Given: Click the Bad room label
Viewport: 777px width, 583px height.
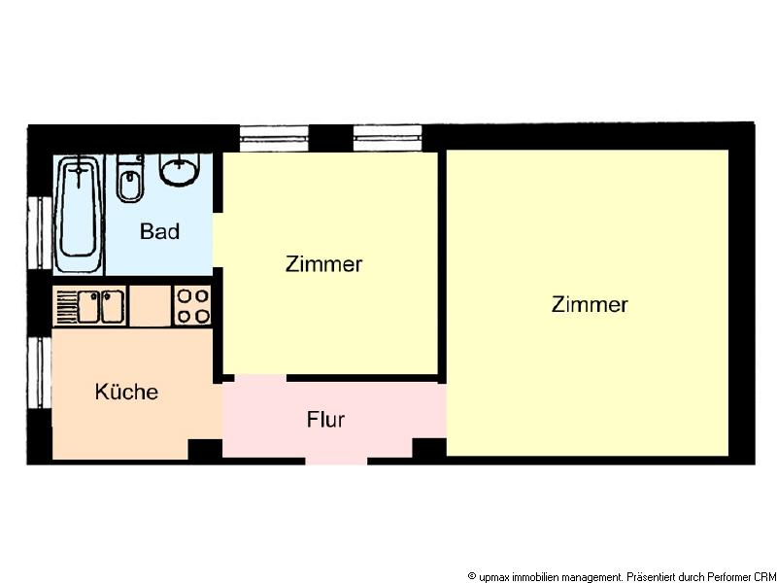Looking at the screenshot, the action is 159,231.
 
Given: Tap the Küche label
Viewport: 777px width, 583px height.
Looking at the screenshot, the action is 127,392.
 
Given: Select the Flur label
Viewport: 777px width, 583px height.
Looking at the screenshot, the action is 325,420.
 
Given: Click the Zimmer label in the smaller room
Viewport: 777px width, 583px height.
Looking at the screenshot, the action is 323,264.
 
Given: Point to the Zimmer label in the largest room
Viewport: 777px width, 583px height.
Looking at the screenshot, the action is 590,304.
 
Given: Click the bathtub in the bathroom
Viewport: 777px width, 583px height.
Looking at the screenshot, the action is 79,214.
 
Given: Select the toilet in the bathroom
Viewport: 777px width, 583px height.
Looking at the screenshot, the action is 130,179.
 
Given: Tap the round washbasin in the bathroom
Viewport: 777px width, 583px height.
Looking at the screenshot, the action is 179,169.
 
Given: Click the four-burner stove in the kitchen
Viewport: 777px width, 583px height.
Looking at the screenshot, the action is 192,306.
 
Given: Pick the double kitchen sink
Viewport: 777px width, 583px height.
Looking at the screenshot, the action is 101,306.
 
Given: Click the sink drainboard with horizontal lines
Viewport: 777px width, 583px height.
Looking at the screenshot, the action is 67,307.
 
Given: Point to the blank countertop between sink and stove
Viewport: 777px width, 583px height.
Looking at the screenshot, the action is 151,306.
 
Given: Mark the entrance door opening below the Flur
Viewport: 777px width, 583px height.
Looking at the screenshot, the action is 336,461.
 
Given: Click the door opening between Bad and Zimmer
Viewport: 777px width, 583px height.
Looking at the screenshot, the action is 218,240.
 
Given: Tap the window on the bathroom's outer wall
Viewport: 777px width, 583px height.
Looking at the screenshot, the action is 40,233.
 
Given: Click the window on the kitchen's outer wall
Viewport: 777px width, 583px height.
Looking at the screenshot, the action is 39,373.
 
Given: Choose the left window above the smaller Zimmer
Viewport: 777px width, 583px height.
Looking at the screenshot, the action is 274,138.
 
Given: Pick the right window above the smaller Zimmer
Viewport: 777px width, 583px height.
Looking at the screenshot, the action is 388,138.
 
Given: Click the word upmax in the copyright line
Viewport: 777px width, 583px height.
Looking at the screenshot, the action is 494,577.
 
